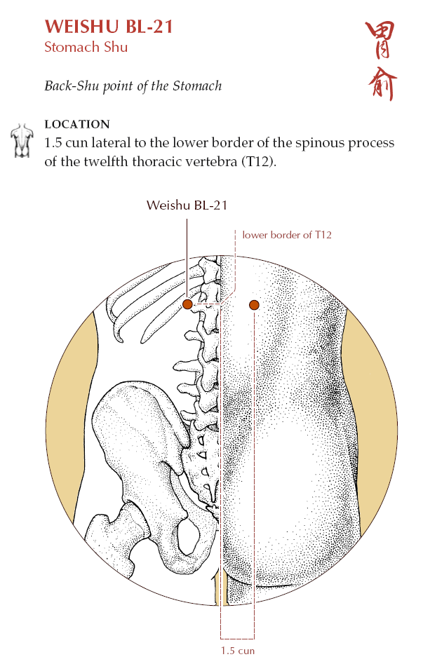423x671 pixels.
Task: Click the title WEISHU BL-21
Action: click(x=109, y=27)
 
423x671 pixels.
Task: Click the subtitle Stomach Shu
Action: click(x=86, y=47)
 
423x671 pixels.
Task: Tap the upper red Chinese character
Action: click(x=380, y=40)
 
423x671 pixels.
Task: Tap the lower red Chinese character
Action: click(x=382, y=83)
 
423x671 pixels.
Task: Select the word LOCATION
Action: click(x=77, y=124)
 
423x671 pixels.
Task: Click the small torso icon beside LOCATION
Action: click(x=22, y=141)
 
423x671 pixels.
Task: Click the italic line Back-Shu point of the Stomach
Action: click(x=133, y=86)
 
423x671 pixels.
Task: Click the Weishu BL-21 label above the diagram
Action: click(x=187, y=205)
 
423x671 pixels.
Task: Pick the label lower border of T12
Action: click(x=287, y=234)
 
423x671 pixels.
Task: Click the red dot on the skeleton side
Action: click(x=187, y=304)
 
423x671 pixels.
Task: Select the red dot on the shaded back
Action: click(x=254, y=305)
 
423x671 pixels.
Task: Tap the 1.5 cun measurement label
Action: click(x=238, y=651)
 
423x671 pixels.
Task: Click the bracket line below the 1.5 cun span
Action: click(x=238, y=639)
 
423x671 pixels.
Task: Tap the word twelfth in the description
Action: click(x=106, y=162)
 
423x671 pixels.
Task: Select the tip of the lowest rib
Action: click(x=120, y=340)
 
